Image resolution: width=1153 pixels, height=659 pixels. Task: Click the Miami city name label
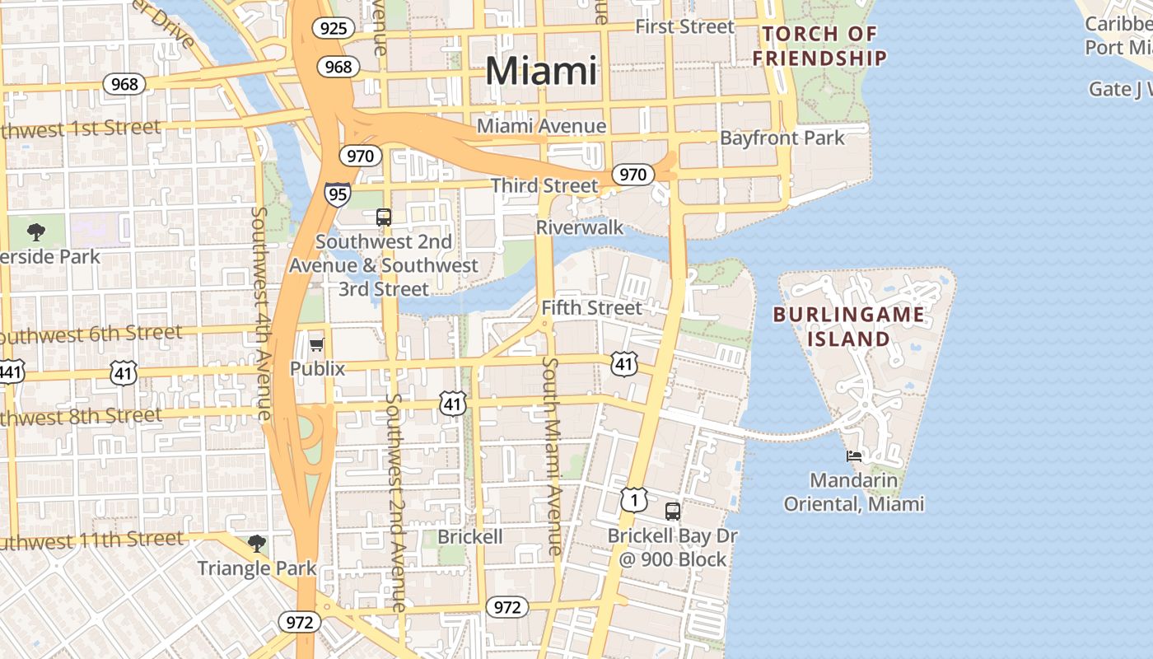tap(540, 71)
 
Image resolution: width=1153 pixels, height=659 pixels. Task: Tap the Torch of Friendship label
tap(819, 46)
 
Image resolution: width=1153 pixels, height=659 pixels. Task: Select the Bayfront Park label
tap(782, 138)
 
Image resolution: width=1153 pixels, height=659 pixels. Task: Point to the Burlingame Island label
tap(848, 326)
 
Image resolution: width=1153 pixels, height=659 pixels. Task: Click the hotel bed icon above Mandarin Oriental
tap(854, 456)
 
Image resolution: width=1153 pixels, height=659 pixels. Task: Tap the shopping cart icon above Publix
tap(317, 344)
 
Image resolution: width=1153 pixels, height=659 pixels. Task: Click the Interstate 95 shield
tap(337, 194)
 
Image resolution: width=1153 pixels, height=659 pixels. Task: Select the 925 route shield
tap(334, 29)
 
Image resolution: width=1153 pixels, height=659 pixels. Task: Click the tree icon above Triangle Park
tap(257, 543)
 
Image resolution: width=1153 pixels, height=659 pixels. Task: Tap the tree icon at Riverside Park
tap(36, 232)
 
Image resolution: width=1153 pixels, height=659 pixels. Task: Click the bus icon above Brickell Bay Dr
tap(673, 511)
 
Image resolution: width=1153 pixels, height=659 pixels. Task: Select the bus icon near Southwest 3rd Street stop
tap(384, 217)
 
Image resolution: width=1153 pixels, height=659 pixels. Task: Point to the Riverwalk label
tap(580, 227)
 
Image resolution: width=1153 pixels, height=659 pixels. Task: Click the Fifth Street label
tap(591, 308)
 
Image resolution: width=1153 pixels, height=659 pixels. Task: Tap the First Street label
tap(684, 26)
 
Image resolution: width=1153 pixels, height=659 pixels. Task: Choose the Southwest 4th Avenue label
tap(261, 313)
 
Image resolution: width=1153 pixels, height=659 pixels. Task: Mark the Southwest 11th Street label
tap(91, 541)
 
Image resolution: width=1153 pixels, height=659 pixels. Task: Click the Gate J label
tap(1120, 89)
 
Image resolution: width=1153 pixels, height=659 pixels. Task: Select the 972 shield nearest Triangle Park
tap(298, 621)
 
